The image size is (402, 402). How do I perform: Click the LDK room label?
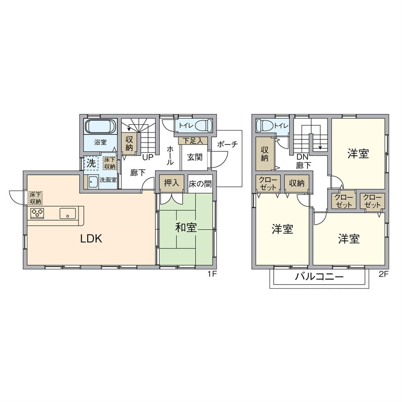91,238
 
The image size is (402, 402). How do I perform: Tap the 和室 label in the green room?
186,227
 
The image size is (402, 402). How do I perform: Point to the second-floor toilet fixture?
265,126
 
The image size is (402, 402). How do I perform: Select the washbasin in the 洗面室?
93,182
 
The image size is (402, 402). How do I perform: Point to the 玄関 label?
194,157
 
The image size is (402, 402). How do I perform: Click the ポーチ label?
227,144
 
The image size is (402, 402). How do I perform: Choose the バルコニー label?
319,276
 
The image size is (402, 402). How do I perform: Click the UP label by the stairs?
148,158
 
